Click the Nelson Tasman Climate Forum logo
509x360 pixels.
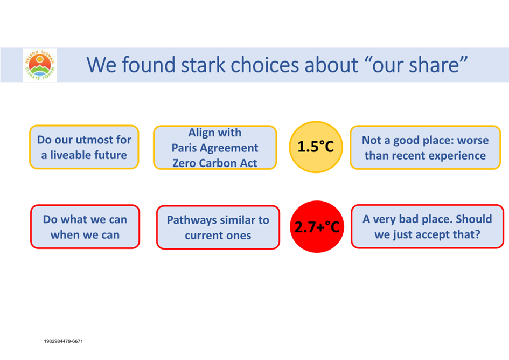[x=40, y=65]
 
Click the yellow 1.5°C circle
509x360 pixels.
[x=316, y=147]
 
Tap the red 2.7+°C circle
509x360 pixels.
[x=317, y=226]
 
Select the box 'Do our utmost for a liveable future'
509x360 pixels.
[x=85, y=147]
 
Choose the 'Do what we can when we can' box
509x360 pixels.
[x=85, y=227]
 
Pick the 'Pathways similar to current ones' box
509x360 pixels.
[x=218, y=227]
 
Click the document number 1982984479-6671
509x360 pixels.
[x=64, y=341]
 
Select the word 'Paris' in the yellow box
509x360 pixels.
[x=184, y=148]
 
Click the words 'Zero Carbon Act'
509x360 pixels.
[x=215, y=163]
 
